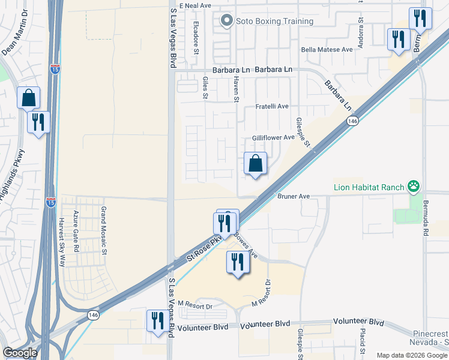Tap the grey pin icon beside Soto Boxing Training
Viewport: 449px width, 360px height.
click(226, 22)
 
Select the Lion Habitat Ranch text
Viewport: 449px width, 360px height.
click(369, 187)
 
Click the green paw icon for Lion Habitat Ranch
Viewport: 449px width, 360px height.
click(414, 187)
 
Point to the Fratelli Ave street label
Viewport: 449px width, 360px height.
click(272, 106)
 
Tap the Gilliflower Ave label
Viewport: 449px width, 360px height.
click(273, 137)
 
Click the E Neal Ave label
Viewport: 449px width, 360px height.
click(196, 5)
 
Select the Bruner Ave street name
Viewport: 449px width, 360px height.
click(294, 196)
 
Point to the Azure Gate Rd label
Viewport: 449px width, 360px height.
click(76, 231)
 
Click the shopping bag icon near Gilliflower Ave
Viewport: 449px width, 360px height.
click(255, 163)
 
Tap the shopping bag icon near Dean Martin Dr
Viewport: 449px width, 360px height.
click(28, 98)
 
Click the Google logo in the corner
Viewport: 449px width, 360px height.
click(20, 353)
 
